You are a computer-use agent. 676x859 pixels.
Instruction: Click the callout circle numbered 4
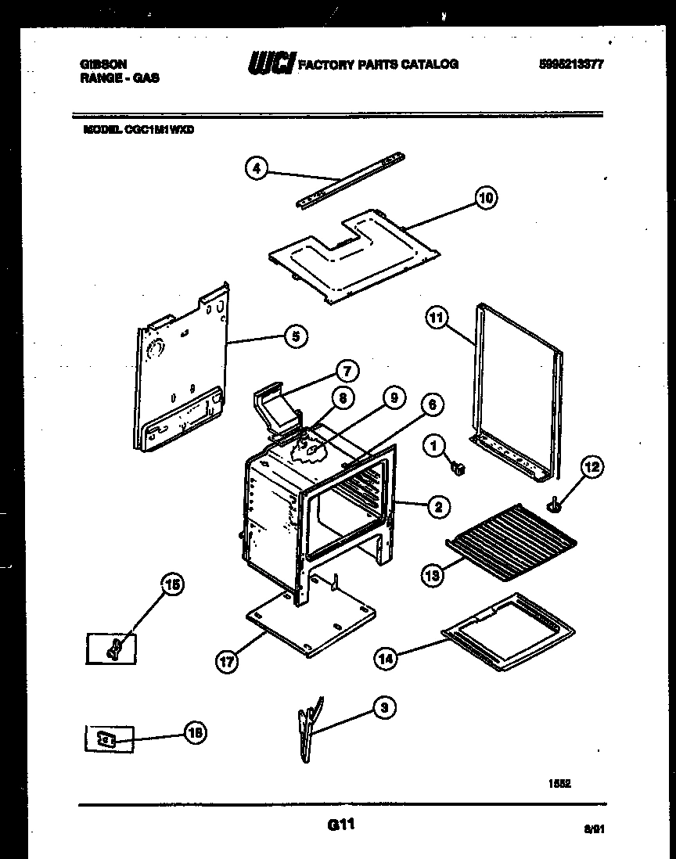click(x=256, y=168)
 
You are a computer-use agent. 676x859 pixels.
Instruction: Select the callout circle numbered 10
click(x=486, y=198)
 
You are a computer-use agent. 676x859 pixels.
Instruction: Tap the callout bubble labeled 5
click(x=294, y=337)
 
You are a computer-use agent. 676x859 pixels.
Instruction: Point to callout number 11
click(x=437, y=318)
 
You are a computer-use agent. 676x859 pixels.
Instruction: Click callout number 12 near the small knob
click(x=592, y=467)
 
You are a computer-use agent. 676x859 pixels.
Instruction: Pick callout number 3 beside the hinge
click(x=383, y=708)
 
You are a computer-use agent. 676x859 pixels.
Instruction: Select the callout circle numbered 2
click(x=438, y=507)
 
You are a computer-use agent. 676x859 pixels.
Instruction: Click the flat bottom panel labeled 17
click(x=311, y=621)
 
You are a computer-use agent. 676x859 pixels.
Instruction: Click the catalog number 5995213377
click(x=570, y=65)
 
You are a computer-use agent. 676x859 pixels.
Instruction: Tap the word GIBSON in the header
click(x=104, y=64)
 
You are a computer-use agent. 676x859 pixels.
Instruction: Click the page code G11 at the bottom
click(x=338, y=823)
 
